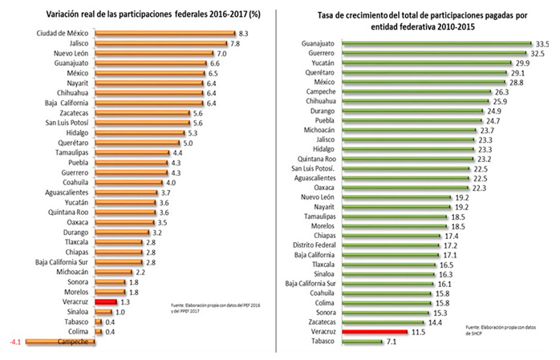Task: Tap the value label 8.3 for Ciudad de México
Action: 245,34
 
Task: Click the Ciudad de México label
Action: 63,34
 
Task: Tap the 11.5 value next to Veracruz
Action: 418,330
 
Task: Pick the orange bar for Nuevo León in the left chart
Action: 155,53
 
